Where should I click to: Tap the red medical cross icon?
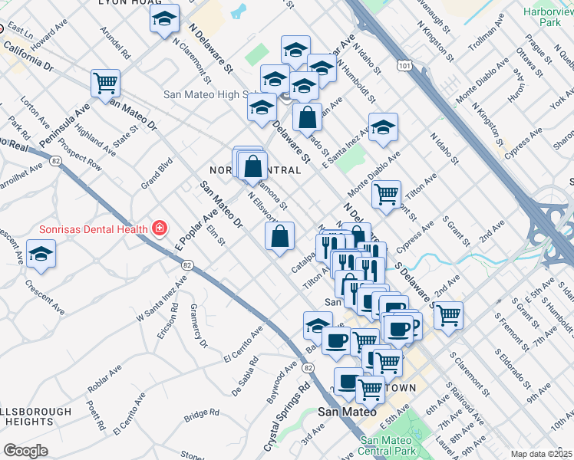[159, 228]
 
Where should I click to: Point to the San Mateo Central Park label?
[391, 445]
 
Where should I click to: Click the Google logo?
[25, 451]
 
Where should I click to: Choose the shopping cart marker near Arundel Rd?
[105, 84]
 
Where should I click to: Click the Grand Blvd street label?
[157, 173]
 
